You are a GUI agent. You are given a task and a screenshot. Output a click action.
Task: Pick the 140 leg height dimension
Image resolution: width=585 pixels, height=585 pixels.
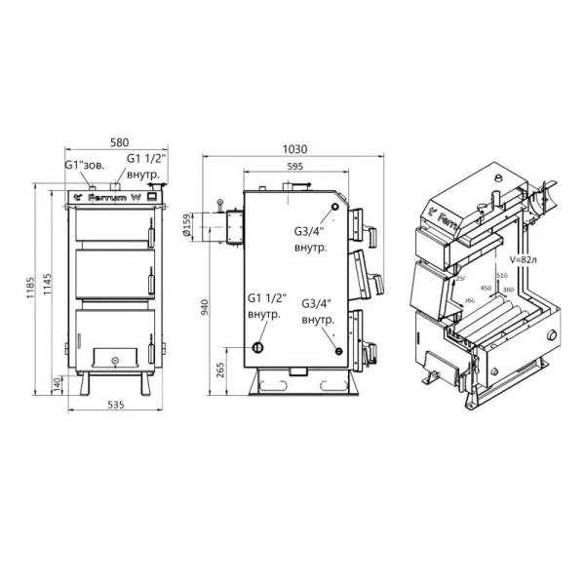tap(58, 385)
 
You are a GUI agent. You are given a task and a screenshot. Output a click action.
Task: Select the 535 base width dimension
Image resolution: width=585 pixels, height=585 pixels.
tap(109, 404)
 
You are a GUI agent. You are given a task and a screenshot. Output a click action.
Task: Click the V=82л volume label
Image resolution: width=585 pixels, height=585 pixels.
tap(525, 259)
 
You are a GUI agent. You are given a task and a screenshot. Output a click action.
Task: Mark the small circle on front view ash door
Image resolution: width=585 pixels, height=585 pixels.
tap(115, 361)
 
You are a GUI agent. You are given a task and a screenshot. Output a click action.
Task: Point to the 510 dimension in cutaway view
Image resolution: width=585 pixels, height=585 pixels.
tap(503, 277)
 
